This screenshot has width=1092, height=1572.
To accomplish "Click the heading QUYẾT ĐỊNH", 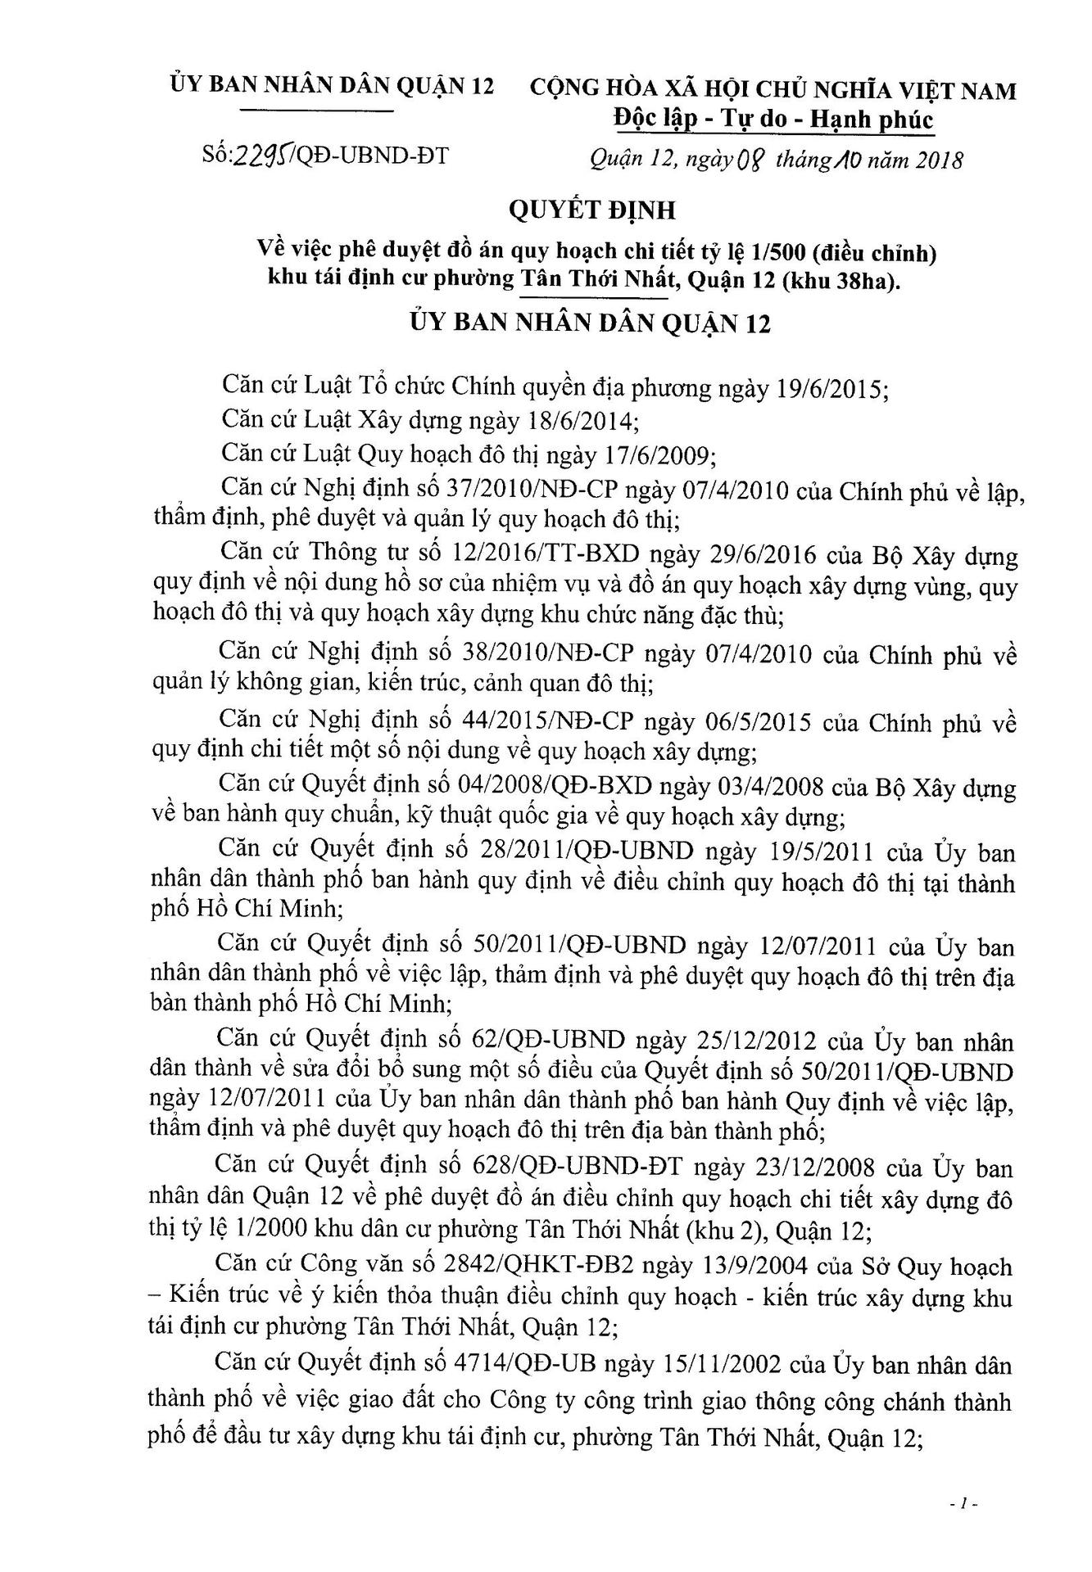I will pos(591,210).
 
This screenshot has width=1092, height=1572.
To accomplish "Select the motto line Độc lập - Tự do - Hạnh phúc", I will pos(773,120).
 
